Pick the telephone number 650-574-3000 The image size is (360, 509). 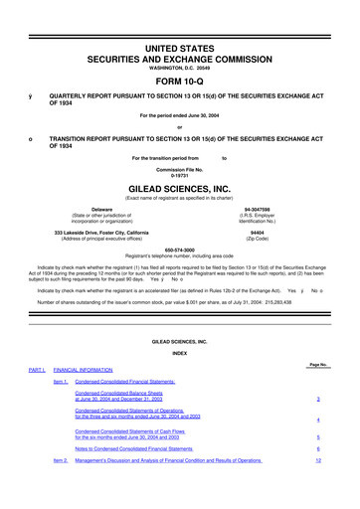pyautogui.click(x=180, y=251)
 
